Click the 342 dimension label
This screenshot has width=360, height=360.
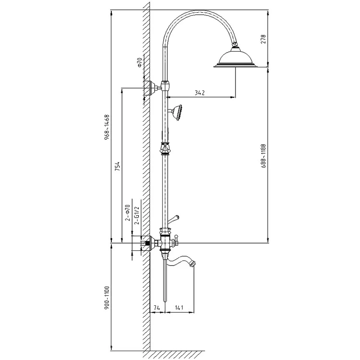point(199,93)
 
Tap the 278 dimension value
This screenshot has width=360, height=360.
point(263,39)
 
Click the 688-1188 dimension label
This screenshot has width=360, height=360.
point(263,156)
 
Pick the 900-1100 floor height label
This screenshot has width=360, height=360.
point(107,298)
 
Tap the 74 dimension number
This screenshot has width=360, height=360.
point(157,307)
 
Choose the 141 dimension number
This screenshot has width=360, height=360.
point(179,307)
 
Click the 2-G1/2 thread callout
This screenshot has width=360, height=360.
point(137,215)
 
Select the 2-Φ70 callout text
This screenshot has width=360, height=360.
point(127,213)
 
